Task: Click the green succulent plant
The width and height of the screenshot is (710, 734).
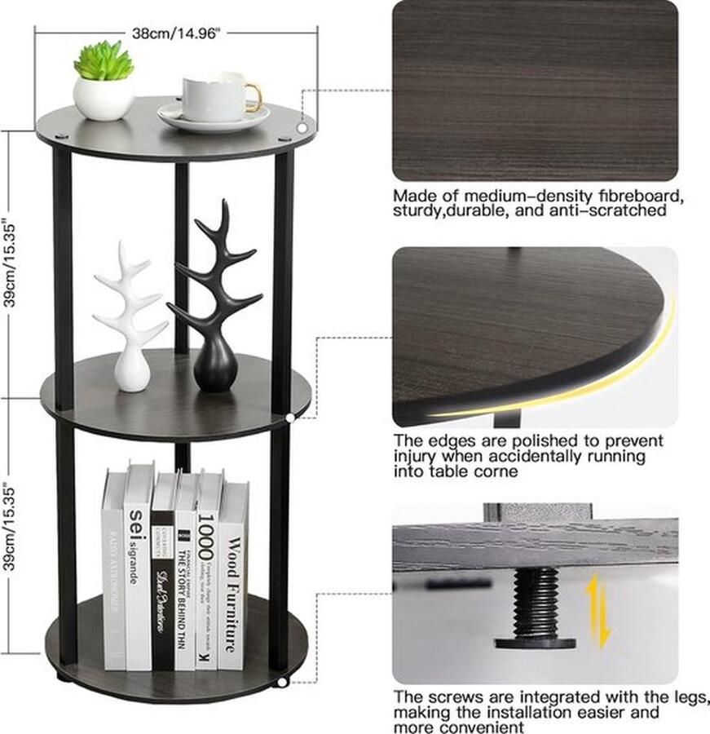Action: [x=104, y=61]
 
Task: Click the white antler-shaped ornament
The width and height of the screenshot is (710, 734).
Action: [x=130, y=318]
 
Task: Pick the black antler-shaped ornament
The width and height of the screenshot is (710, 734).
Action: [x=214, y=302]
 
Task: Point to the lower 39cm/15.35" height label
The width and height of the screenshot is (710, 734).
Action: [x=11, y=529]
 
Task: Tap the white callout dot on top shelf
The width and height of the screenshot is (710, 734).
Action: [x=302, y=127]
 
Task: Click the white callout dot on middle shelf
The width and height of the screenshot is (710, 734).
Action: [x=292, y=418]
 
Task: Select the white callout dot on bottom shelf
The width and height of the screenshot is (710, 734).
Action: [x=282, y=680]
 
